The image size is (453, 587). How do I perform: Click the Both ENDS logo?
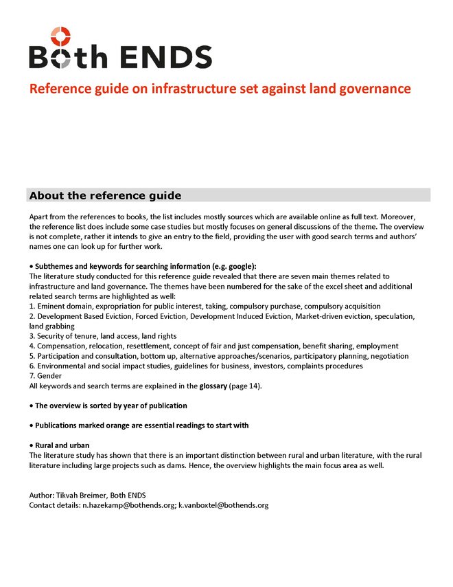coord(120,48)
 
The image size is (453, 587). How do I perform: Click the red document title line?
coord(220,89)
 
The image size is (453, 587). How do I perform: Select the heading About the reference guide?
coord(105,195)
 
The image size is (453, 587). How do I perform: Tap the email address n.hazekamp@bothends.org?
coord(128,505)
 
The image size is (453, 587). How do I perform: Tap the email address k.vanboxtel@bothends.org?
coord(224,505)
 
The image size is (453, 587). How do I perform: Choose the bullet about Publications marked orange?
coord(141,425)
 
